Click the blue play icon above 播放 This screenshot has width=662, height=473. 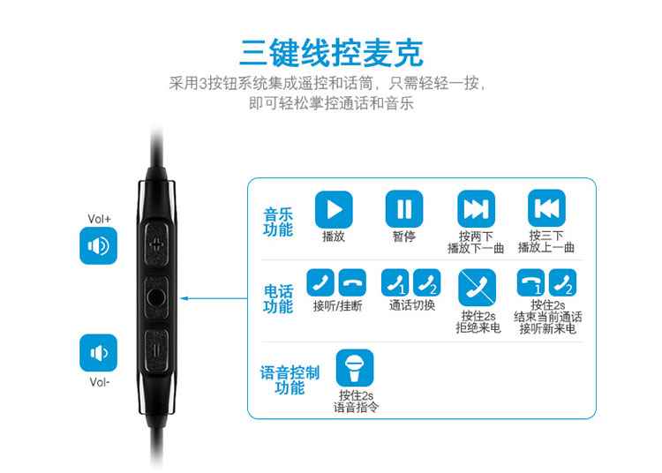334,209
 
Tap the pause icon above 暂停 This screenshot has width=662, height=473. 404,209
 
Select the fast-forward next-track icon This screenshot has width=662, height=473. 476,209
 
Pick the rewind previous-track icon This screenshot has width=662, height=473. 546,208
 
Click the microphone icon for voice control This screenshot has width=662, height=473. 355,367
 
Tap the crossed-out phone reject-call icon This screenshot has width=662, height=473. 477,288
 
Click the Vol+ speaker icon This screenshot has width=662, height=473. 98,245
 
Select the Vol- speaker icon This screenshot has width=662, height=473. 98,353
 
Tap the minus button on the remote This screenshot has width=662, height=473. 155,351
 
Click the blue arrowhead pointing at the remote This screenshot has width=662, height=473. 184,298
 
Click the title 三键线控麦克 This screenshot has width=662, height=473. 331,53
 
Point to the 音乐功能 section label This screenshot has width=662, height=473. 278,222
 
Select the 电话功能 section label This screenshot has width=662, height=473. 278,299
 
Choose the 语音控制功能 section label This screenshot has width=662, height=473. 290,379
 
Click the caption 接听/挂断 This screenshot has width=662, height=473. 337,305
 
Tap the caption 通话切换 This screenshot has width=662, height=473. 411,305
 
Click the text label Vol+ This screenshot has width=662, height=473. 99,219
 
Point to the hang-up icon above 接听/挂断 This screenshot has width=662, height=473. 352,282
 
